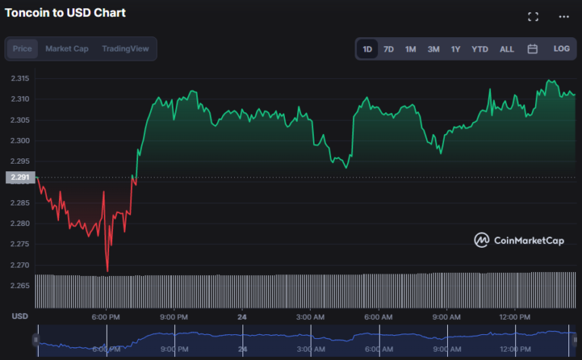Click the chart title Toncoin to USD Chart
[65, 13]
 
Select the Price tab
[23, 49]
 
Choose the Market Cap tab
[67, 49]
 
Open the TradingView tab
[126, 49]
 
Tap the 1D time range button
[368, 49]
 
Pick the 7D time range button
[389, 49]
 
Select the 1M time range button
[411, 49]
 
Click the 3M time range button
[433, 49]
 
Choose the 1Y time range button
[455, 49]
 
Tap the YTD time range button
[480, 49]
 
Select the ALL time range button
[506, 49]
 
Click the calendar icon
[533, 49]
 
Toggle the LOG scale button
[562, 49]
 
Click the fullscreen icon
[533, 17]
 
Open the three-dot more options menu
[564, 17]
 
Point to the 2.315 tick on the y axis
[20, 79]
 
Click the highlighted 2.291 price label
[19, 178]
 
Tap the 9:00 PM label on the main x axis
[174, 316]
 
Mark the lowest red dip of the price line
[108, 271]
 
